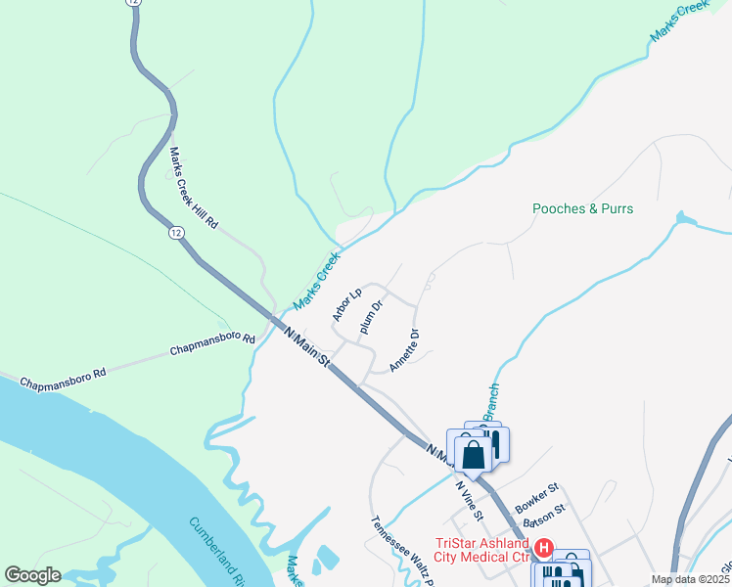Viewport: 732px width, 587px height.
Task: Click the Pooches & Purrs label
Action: click(582, 208)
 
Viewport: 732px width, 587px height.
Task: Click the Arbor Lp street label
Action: click(347, 304)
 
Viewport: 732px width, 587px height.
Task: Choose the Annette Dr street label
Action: click(404, 350)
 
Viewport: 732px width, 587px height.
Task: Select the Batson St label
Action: click(544, 516)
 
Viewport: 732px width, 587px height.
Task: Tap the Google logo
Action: click(32, 575)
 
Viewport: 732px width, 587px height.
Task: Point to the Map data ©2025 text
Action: click(691, 579)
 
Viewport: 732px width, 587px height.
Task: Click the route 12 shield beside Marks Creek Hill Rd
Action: click(175, 232)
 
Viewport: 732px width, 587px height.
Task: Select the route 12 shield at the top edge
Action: click(132, 3)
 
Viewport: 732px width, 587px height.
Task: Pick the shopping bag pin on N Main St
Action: click(474, 454)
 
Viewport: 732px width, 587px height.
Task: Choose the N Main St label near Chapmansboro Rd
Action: click(306, 344)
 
